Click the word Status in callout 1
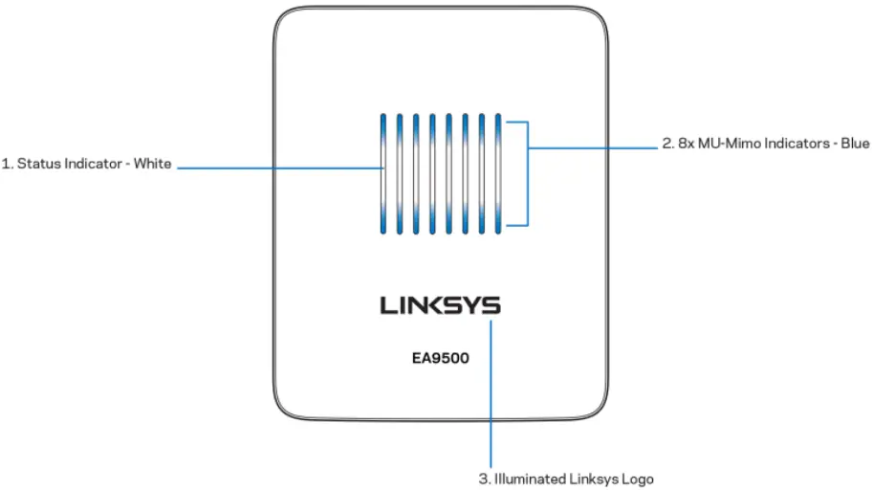coord(34,164)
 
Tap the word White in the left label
coord(152,164)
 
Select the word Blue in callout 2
coord(853,144)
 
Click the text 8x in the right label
coord(686,144)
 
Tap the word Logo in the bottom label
coord(637,477)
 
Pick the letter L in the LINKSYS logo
coord(388,306)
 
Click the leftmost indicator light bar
coord(382,173)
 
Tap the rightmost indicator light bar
coord(497,173)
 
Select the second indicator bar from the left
coord(399,173)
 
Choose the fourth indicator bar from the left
coord(432,173)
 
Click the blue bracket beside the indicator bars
coord(526,173)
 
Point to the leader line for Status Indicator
coord(277,167)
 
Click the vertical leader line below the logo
coord(491,402)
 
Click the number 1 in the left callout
coord(4,164)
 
